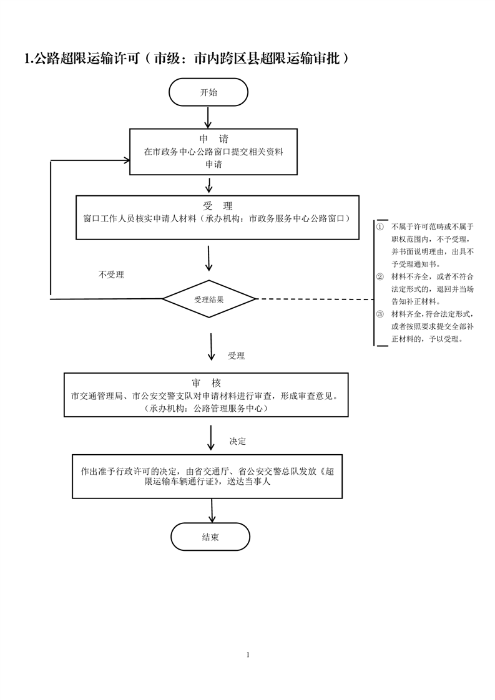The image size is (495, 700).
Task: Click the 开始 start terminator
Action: tap(208, 92)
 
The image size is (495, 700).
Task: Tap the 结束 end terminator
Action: tap(210, 537)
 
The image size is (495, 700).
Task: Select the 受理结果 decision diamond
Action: tap(209, 299)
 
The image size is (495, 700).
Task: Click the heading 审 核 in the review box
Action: tap(207, 382)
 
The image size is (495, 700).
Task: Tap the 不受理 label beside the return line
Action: tap(111, 275)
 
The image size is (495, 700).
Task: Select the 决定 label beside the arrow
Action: tap(238, 441)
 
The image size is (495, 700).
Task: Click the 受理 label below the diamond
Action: tap(237, 356)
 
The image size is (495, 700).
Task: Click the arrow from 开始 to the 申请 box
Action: tap(208, 117)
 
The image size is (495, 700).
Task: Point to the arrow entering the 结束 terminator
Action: tap(212, 511)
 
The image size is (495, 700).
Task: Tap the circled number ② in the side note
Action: tap(380, 276)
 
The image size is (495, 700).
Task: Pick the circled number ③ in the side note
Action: tap(380, 314)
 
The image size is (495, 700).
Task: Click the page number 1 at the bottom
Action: tap(248, 654)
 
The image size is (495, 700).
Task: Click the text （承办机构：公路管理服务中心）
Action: tap(206, 408)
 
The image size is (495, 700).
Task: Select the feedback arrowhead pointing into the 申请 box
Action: tap(125, 160)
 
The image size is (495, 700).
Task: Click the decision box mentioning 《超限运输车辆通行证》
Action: tap(207, 476)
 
